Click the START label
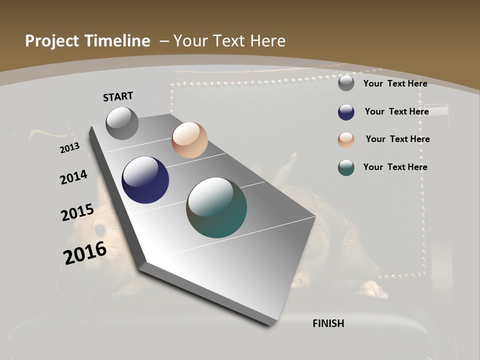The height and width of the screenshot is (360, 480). pos(118,96)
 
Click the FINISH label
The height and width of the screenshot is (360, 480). pos(328,323)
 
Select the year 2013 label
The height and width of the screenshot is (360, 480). pos(69,148)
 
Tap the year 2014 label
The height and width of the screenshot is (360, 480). pos(73,177)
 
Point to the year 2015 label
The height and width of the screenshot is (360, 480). pos(77,212)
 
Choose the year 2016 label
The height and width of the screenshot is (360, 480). pos(85,252)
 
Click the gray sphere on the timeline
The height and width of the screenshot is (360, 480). pos(122,123)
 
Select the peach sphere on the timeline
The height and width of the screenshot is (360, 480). pos(189,140)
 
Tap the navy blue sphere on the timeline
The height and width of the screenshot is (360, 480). pos(145,180)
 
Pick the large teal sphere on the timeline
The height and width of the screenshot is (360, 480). pos(216,207)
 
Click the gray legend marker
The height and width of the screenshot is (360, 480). pos(346,83)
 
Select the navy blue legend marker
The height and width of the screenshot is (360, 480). pos(346,112)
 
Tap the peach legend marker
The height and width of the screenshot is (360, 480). pos(346,140)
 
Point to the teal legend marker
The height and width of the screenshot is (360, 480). pos(346,167)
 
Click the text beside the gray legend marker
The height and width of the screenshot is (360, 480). pos(395,83)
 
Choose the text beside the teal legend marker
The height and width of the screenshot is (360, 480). pos(395,167)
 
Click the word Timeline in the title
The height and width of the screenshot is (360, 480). pos(117,41)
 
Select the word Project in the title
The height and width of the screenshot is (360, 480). pos(52,41)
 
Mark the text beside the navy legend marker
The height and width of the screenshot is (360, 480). pos(396,111)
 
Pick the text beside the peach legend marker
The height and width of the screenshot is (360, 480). pos(397,139)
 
